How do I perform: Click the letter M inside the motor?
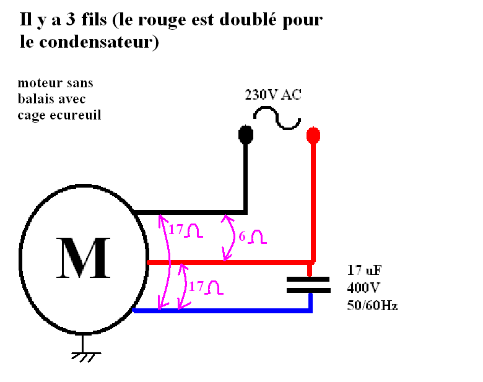coord(84,257)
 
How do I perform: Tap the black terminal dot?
coord(246,134)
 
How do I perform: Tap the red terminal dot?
coord(313,134)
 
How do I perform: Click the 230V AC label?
coord(274,95)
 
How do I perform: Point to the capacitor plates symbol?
coord(310,284)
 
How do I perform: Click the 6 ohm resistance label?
coord(250,236)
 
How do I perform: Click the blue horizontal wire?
coord(223,310)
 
